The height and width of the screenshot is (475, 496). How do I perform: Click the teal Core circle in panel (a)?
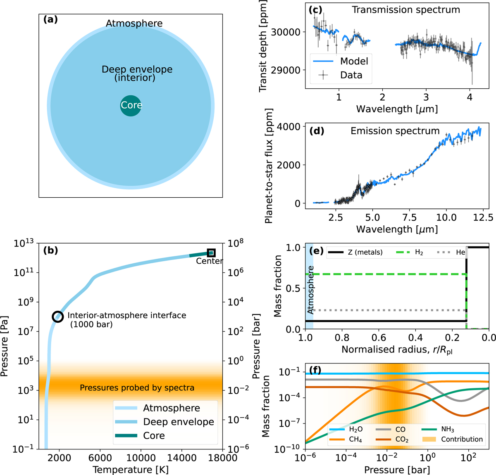click(x=131, y=106)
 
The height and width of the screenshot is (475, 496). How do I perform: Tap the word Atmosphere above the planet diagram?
click(x=134, y=24)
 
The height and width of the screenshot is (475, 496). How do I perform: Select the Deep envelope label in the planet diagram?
click(x=137, y=69)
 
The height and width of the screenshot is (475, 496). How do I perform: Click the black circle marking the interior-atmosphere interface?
click(x=58, y=317)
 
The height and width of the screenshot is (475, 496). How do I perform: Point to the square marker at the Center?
click(x=211, y=253)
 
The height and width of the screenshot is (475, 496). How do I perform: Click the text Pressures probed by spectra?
click(x=137, y=388)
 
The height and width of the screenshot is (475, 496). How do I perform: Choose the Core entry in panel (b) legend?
click(x=154, y=436)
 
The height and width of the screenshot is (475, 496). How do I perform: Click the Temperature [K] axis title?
click(x=130, y=470)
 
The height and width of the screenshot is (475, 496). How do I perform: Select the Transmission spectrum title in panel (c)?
click(x=405, y=10)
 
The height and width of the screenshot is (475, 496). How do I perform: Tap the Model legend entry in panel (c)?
click(x=354, y=61)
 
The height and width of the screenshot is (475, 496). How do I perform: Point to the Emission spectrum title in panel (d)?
click(x=395, y=131)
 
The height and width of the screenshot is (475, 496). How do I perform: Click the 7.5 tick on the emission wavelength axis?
click(x=409, y=217)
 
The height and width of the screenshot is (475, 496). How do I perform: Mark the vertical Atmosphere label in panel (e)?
click(x=310, y=290)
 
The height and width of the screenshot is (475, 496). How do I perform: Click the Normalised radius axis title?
click(x=396, y=349)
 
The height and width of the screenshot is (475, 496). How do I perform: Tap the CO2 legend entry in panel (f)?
click(x=401, y=440)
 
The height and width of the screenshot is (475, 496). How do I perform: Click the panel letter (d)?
click(x=317, y=131)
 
